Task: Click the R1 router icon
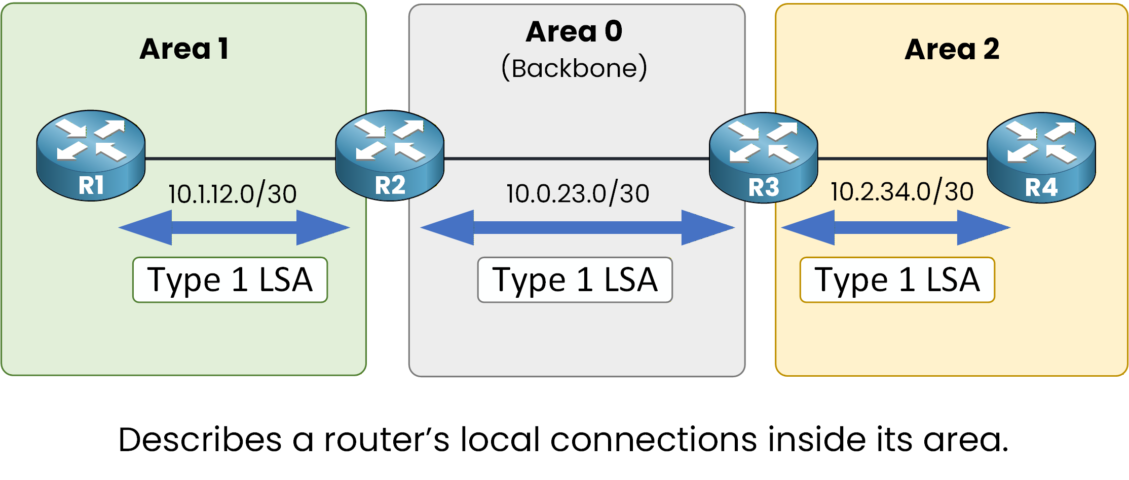(91, 155)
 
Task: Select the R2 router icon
(390, 155)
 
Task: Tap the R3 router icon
(763, 157)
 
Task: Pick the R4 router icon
(1041, 157)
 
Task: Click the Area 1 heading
(184, 49)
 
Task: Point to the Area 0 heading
(574, 31)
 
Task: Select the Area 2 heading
(952, 50)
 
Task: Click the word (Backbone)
(574, 68)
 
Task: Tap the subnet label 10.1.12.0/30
(232, 194)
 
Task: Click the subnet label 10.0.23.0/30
(578, 193)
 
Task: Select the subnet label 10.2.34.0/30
(902, 191)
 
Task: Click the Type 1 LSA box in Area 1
(230, 280)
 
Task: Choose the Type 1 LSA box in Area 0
(575, 280)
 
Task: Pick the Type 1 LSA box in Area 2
(897, 280)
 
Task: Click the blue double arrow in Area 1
(234, 228)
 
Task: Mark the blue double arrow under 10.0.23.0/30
(577, 228)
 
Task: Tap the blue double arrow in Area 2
(896, 228)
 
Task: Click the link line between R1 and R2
(240, 159)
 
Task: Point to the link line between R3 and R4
(902, 159)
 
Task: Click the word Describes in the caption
(200, 439)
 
